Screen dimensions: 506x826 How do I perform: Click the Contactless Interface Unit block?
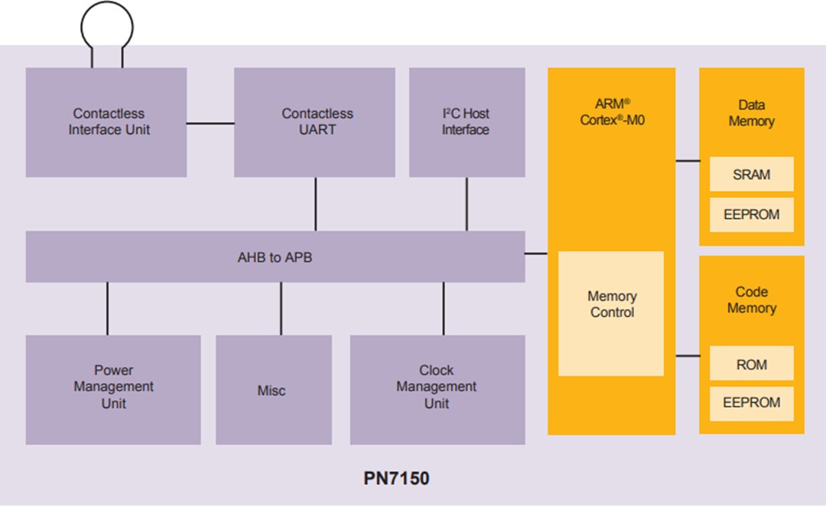click(106, 122)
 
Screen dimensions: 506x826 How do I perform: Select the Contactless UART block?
click(314, 122)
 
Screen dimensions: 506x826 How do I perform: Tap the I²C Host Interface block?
click(467, 122)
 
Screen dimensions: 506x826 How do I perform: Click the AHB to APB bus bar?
click(275, 257)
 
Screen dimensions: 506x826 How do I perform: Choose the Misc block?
click(273, 390)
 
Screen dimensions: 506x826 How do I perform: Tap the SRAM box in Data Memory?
click(751, 175)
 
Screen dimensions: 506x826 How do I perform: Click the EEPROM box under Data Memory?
click(751, 215)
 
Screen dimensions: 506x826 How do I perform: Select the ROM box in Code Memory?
click(751, 364)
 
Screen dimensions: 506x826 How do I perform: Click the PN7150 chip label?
click(396, 479)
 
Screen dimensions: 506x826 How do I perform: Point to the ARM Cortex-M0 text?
click(612, 112)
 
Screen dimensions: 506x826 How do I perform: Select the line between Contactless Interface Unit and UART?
click(210, 122)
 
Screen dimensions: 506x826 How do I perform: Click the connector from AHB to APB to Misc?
click(281, 308)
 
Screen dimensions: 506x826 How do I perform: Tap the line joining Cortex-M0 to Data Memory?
click(688, 161)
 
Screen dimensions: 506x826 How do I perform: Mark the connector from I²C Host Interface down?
click(467, 204)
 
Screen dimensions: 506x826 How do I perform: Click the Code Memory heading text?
click(751, 300)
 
